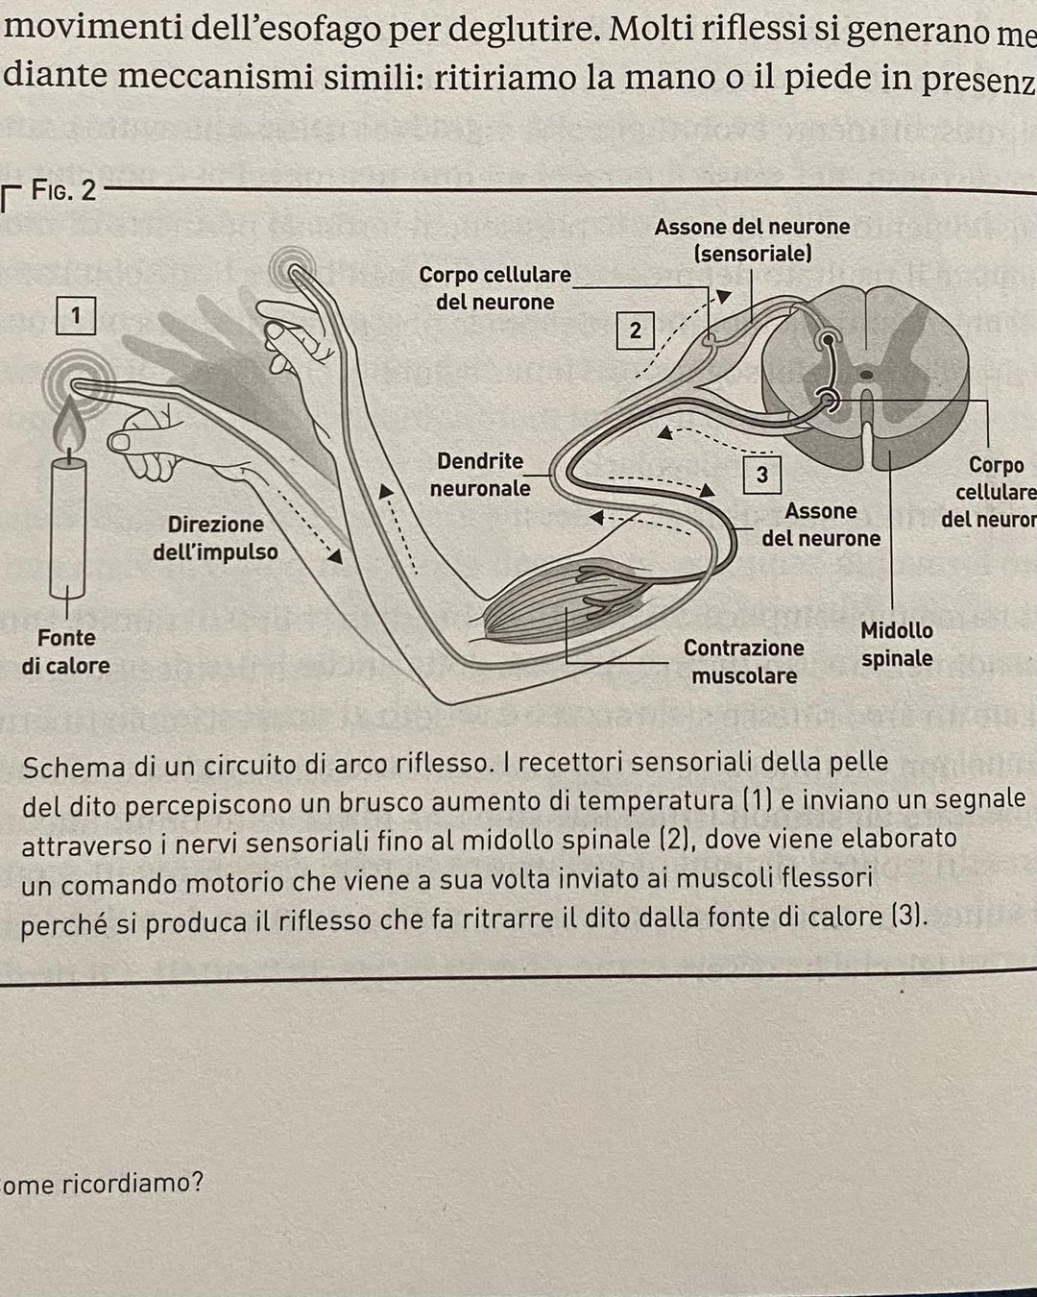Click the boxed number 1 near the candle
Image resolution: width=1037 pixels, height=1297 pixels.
coord(76,315)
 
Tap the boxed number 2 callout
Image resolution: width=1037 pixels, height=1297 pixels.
coord(635,330)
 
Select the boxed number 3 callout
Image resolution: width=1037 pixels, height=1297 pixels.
coord(761,475)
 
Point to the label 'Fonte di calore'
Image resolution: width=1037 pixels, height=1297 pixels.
coord(66,651)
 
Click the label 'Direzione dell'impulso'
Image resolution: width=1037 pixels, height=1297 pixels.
coord(215,538)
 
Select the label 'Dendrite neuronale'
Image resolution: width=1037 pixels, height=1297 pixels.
coord(480,475)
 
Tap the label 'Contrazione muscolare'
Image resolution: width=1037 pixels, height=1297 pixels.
coord(744,662)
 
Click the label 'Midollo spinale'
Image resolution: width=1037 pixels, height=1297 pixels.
coord(897,645)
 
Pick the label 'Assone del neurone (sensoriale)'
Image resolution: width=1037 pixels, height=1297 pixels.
coord(752,240)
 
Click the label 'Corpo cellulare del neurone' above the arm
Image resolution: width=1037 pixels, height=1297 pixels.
coord(494,288)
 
